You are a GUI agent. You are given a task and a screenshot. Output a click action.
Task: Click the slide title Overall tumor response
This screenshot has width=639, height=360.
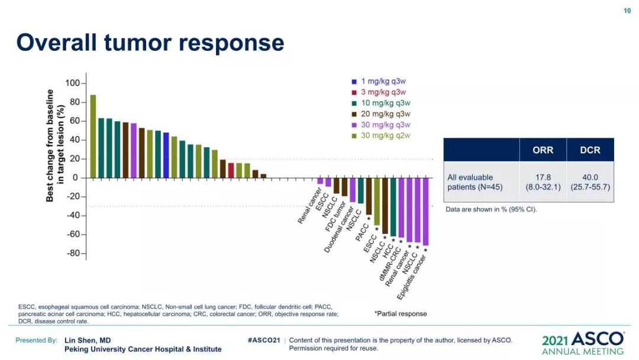coord(150,43)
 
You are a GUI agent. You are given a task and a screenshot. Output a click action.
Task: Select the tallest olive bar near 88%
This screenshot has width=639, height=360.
coord(93,136)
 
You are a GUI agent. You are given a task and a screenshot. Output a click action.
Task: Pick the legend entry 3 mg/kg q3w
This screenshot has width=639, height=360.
coord(383,92)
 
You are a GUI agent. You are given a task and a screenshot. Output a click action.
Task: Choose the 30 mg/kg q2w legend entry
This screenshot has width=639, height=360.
coord(385,136)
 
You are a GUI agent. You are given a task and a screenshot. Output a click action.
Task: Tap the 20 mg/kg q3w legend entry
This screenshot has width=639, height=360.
coord(385,114)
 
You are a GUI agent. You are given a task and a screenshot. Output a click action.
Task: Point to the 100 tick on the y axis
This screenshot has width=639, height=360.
coord(72,83)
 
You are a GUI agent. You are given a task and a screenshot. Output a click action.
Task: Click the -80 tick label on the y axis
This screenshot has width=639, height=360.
coord(71,253)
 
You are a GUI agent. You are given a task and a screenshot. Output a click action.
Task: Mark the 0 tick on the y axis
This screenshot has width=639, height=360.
coord(75,178)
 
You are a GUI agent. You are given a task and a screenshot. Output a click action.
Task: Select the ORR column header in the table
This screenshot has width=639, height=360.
coord(543,150)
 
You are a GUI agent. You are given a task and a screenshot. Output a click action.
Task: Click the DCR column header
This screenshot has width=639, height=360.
coord(590,150)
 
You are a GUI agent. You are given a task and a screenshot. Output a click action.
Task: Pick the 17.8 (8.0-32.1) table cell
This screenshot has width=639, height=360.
coord(543,182)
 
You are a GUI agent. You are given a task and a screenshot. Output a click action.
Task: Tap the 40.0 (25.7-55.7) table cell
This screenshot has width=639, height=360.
coord(590,182)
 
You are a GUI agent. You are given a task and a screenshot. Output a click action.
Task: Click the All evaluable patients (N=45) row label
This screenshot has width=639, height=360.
coord(470,182)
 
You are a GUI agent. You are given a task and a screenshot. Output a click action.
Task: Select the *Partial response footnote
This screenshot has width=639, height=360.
coord(401,314)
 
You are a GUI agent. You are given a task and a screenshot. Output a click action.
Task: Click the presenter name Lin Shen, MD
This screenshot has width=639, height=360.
coord(88,340)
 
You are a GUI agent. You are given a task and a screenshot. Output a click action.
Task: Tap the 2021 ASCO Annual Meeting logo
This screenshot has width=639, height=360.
coord(582,343)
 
